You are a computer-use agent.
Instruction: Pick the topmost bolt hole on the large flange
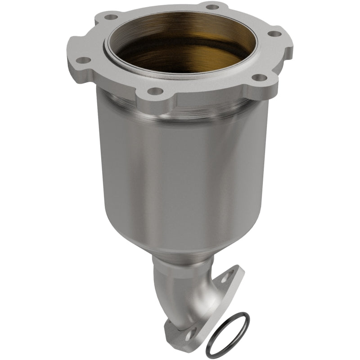210,7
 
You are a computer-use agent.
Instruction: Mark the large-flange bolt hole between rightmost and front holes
258,77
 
